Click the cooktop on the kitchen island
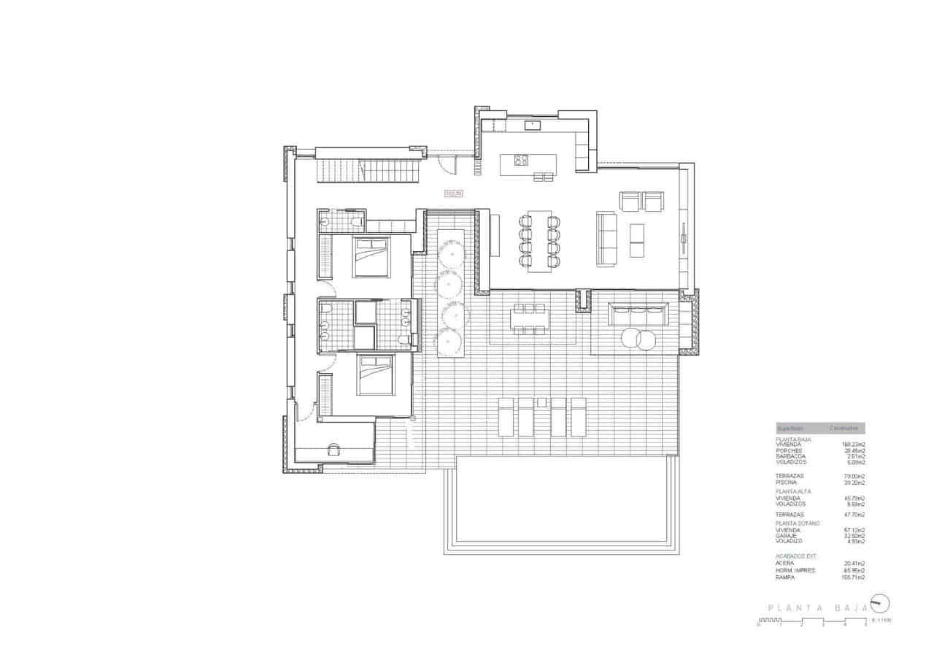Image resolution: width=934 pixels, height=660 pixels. click(x=521, y=160)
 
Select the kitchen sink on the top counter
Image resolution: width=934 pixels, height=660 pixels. click(x=532, y=125)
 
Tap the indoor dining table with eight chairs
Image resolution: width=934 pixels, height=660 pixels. click(x=540, y=241)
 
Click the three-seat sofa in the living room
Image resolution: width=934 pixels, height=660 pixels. click(x=606, y=239)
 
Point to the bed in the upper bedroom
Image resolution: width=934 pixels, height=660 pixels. click(x=372, y=257)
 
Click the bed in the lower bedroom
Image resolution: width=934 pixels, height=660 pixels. click(x=375, y=375)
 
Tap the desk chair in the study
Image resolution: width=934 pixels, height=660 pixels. click(x=334, y=449)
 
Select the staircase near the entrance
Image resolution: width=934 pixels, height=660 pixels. click(x=369, y=172)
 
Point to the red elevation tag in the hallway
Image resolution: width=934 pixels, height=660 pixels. click(x=453, y=193)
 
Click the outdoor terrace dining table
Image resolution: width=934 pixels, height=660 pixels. click(x=530, y=318)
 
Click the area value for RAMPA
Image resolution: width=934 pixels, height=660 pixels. click(x=853, y=577)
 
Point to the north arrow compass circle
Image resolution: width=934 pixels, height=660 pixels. click(x=881, y=603)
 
